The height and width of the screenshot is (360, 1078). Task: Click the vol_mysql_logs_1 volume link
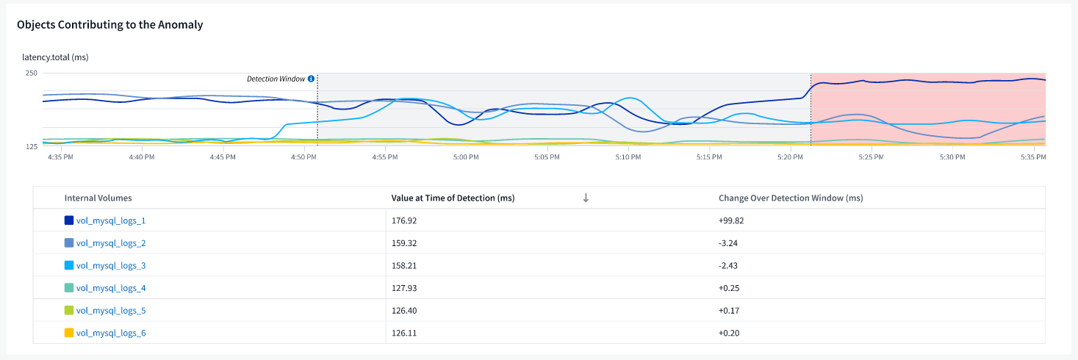pos(110,220)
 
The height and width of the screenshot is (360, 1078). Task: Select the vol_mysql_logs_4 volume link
pos(110,288)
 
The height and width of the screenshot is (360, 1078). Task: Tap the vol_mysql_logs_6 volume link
pos(110,334)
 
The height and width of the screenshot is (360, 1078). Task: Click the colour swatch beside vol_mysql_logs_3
pos(69,266)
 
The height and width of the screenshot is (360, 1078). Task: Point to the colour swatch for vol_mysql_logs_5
pos(69,311)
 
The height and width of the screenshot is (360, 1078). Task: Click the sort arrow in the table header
pos(586,198)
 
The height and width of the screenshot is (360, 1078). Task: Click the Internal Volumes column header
pos(98,198)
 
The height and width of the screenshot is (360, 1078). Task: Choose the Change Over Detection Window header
pos(790,198)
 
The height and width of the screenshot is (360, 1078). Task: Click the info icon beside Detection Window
pos(311,79)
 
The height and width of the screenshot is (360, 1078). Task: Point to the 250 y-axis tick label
pos(31,73)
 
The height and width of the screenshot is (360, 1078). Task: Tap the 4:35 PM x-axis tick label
pos(60,156)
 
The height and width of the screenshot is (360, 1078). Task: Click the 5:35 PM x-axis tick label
pos(1033,156)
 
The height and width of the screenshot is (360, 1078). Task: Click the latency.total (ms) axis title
pos(55,57)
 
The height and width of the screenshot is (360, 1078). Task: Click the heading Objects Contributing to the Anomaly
pos(109,25)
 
